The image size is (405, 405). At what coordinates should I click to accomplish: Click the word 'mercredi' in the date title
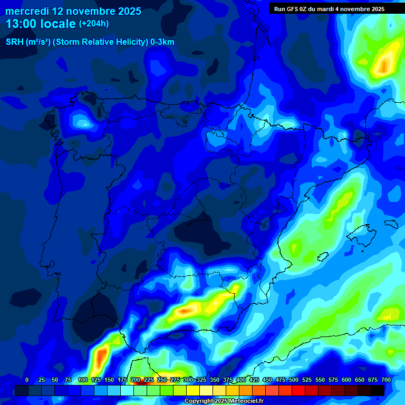point(27,11)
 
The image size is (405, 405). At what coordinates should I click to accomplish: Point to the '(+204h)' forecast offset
point(94,24)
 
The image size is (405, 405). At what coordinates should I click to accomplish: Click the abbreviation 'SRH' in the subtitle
point(15,42)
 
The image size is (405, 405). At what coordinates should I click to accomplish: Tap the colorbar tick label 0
point(27,380)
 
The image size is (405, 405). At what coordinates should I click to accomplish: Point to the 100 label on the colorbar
point(83,380)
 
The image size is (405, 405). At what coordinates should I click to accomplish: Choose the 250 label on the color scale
point(162,380)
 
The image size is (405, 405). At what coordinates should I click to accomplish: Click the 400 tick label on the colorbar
point(241,380)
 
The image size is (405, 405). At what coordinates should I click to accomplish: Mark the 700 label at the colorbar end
point(385,380)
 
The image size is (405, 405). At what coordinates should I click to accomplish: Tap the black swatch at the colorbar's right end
point(378,390)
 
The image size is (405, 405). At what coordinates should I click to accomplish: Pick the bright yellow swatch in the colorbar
point(193,390)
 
